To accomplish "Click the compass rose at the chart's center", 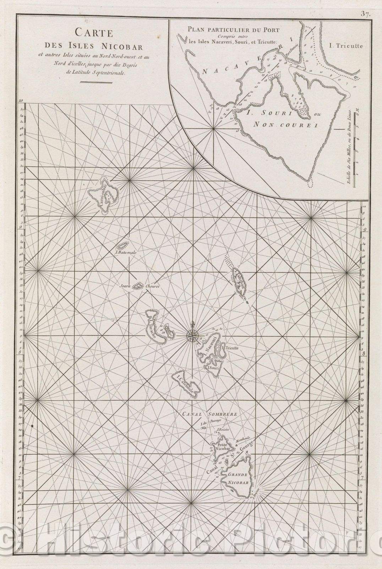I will click(x=193, y=334).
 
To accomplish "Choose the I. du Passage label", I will click(x=211, y=423).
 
